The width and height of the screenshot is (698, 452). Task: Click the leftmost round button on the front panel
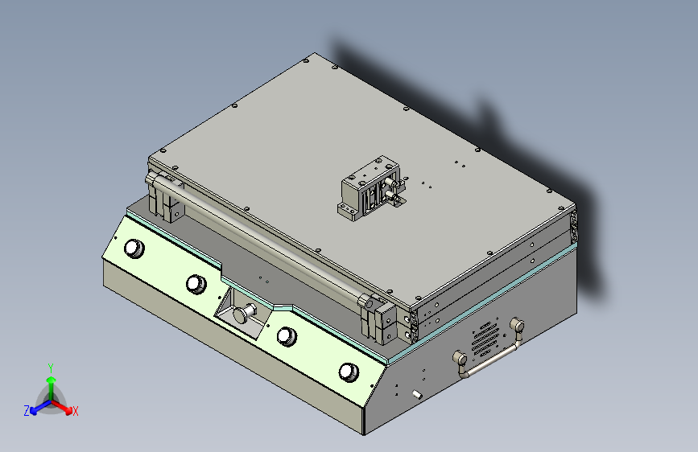coord(134,249)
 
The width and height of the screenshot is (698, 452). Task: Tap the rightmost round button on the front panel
coord(349,372)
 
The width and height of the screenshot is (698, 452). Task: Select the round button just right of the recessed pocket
coord(287,336)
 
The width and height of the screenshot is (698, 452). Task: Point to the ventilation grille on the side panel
coord(485,339)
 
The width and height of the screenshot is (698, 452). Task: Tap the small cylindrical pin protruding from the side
coord(417,394)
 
